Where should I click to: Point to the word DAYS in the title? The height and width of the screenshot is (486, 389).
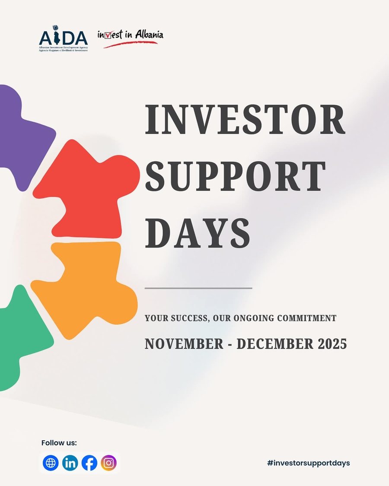tap(198, 233)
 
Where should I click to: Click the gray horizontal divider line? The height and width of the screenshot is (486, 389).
tap(198, 288)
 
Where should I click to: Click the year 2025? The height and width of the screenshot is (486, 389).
tap(331, 344)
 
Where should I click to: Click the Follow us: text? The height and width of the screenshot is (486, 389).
tap(59, 443)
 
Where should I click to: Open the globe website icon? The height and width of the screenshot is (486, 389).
tap(51, 463)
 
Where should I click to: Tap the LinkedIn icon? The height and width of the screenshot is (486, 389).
tap(70, 463)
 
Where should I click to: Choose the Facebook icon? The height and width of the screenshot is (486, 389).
tap(89, 463)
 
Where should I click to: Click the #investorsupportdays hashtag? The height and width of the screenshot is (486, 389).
tap(308, 463)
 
